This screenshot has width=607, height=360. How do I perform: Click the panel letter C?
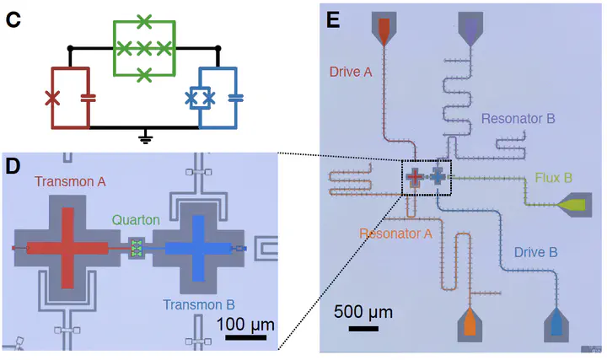coord(13,19)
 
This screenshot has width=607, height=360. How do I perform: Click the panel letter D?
coord(13,166)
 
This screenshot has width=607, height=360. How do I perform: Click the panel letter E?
coord(333,19)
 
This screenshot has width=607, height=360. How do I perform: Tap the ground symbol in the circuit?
coord(145,137)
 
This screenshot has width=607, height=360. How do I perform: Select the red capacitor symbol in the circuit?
coord(89,98)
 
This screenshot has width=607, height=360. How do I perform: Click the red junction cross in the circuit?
coord(52,98)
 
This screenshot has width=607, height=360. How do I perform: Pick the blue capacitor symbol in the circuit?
coord(236,98)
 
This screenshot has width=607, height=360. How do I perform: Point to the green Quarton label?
coord(136,220)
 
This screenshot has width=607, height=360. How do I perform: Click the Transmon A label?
coord(70,181)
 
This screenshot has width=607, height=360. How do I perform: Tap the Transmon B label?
coord(199,304)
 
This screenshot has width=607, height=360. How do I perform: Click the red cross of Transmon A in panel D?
coord(67,248)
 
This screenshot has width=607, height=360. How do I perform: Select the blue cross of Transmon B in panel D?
coord(199,248)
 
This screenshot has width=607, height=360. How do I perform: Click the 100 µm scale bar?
coord(246,337)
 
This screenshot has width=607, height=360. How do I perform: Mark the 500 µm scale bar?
coord(363,329)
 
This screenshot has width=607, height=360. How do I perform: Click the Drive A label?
coord(351,72)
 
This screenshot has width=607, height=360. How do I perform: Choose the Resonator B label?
coord(518,118)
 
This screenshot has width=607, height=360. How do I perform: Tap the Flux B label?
coord(554,178)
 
